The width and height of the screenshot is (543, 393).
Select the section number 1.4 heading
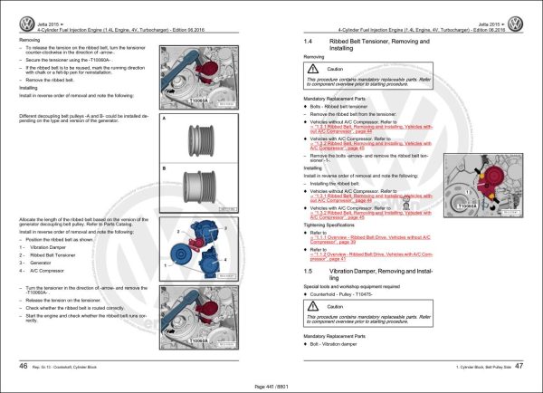(309, 43)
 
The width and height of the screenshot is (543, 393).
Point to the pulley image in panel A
(196, 143)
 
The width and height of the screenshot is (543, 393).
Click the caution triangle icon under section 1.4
(319, 70)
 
